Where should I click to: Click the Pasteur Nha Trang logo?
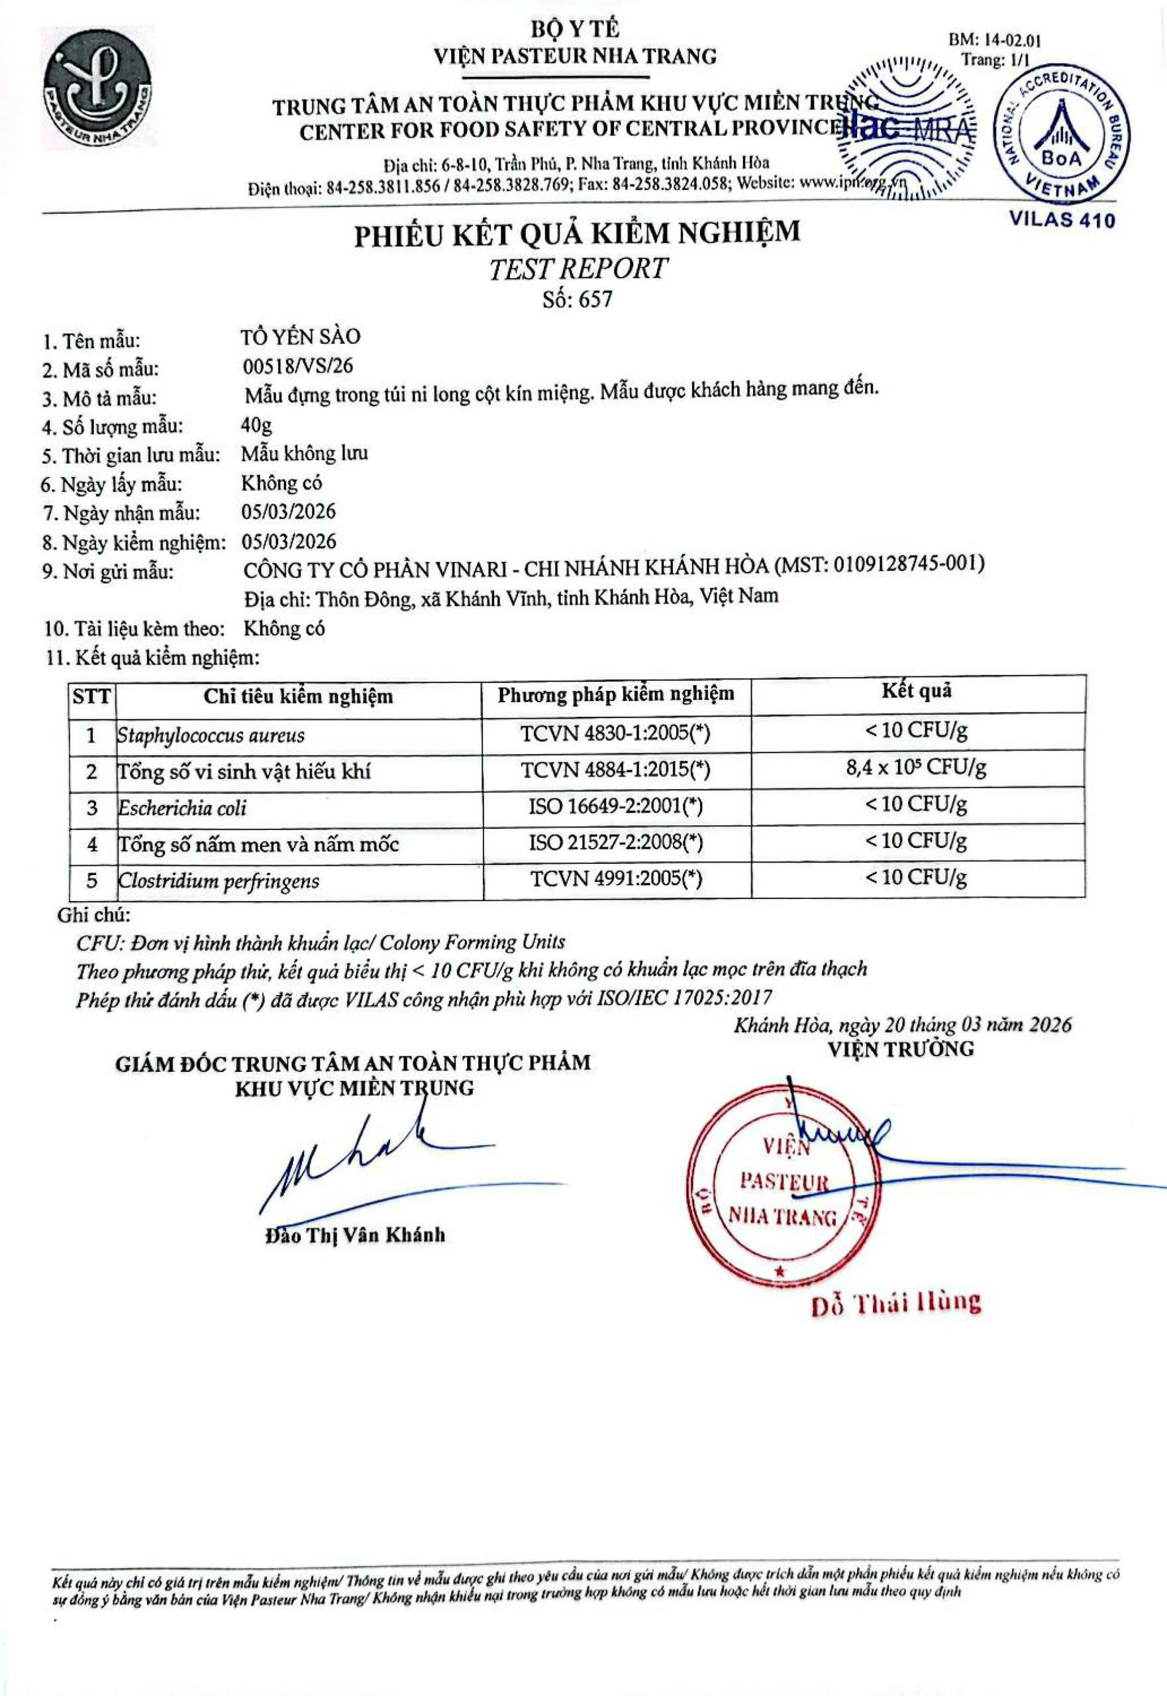click(x=97, y=90)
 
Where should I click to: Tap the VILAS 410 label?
click(x=1062, y=219)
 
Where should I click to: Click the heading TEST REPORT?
click(x=578, y=268)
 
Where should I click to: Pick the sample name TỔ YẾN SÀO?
click(x=301, y=337)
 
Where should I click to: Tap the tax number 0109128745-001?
click(x=906, y=564)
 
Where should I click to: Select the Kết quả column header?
click(x=916, y=691)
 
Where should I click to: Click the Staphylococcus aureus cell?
click(x=211, y=735)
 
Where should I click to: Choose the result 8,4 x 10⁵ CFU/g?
click(x=916, y=768)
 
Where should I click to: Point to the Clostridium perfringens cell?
click(x=219, y=880)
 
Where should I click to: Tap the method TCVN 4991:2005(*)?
click(x=616, y=878)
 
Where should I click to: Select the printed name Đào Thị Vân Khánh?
click(x=354, y=1236)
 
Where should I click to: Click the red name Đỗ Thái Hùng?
click(x=895, y=1302)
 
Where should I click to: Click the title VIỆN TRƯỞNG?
click(x=901, y=1049)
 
